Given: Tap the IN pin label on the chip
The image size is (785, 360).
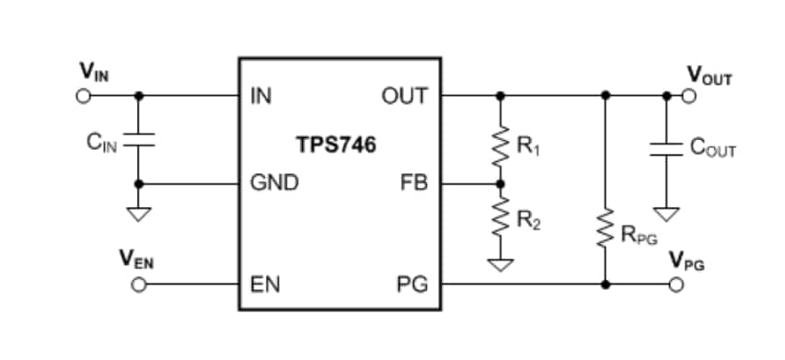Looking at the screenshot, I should [261, 96].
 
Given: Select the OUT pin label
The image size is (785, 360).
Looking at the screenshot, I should [405, 96].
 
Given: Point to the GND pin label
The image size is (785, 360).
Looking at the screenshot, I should [275, 183].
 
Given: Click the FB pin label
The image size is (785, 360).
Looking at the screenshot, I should [413, 183].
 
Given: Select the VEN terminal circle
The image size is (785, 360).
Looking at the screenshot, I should [138, 285].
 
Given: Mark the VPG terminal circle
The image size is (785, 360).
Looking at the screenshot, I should [676, 285].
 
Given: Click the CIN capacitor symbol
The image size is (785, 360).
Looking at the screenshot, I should [138, 142].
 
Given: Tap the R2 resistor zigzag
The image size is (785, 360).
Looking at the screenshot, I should [500, 222].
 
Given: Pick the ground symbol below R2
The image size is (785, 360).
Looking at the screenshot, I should [500, 264].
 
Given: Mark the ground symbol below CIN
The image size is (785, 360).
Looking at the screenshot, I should [138, 215].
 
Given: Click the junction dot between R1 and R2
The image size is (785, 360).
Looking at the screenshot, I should [500, 183].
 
